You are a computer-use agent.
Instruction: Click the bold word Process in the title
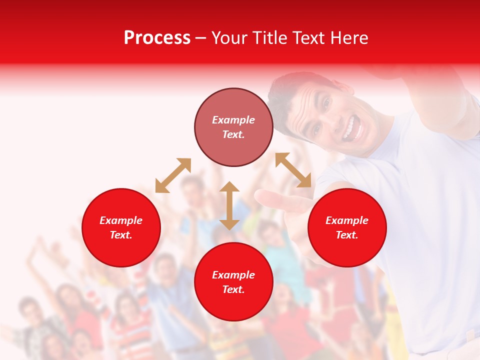[157, 38]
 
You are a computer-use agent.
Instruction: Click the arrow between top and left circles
[173, 175]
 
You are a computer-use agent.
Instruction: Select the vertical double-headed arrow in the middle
[229, 205]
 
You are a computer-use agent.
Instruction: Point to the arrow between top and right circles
[293, 170]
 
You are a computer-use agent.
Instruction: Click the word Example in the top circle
[233, 120]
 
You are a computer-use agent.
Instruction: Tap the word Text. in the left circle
[121, 235]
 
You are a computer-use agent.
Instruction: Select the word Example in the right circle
[347, 220]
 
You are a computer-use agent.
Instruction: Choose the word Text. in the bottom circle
[233, 289]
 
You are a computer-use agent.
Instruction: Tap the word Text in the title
[309, 38]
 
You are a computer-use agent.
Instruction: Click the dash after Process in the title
[200, 38]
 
